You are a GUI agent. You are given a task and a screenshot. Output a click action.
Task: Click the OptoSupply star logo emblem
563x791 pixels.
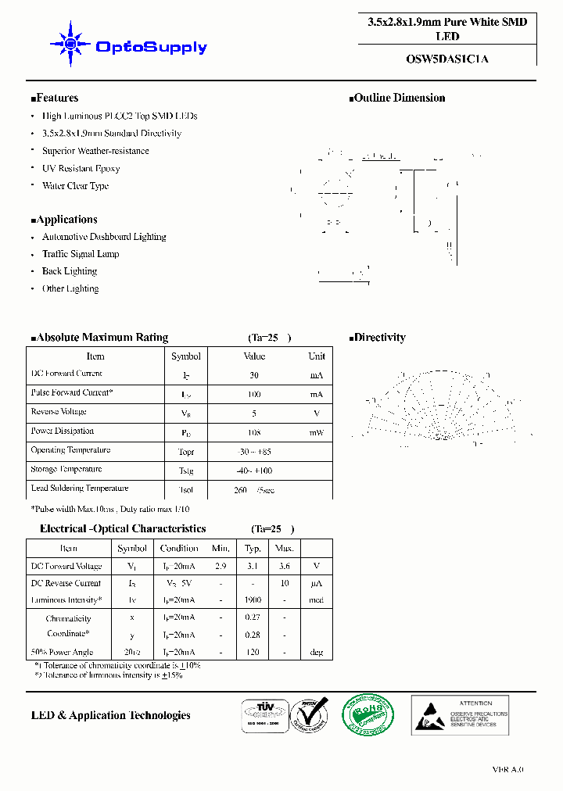tap(69, 45)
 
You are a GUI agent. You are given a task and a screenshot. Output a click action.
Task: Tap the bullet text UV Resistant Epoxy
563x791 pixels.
tap(81, 168)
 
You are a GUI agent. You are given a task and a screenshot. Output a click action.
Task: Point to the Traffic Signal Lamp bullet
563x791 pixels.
tap(81, 254)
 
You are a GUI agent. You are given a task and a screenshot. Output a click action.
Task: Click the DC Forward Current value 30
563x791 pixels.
tap(254, 375)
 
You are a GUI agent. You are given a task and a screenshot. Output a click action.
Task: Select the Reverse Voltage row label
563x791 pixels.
tap(59, 412)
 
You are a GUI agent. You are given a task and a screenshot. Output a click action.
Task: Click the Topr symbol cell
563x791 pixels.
tap(186, 452)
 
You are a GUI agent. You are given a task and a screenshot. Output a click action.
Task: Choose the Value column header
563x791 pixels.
tap(254, 356)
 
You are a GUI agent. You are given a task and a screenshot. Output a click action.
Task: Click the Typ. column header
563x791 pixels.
tap(253, 548)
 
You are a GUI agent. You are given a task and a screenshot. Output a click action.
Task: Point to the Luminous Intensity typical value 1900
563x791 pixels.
tap(253, 600)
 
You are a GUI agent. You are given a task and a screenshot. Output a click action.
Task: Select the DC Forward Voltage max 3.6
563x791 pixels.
tap(285, 566)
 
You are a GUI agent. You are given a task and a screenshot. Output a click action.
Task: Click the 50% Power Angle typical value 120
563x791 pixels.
tap(253, 652)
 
